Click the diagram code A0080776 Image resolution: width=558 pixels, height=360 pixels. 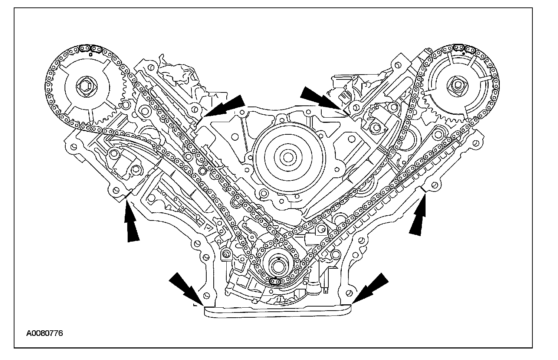(x=45, y=333)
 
